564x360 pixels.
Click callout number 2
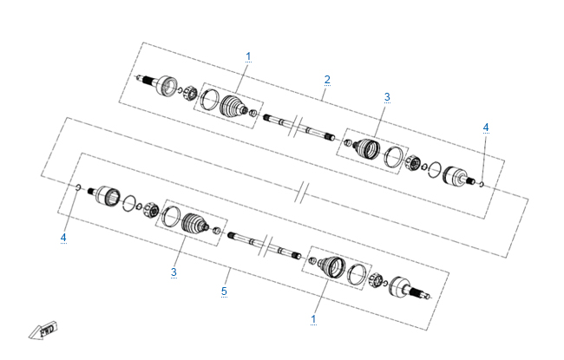(x=327, y=80)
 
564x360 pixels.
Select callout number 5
(x=224, y=291)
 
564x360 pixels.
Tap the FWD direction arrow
(x=43, y=330)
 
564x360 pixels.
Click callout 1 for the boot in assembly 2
(x=248, y=56)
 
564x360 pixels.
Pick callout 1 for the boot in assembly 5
(x=313, y=319)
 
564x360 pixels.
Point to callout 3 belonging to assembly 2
(x=387, y=97)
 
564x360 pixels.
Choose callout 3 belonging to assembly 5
(x=174, y=272)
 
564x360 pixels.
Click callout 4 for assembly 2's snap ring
(x=486, y=128)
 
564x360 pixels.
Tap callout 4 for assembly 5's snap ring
(x=63, y=238)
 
